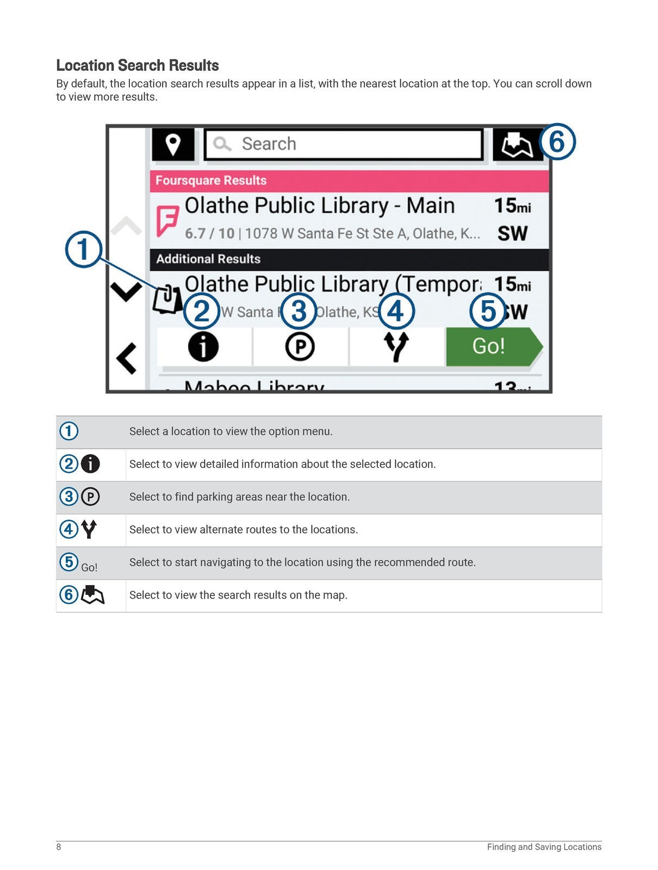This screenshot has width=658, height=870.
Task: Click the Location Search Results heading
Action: (137, 65)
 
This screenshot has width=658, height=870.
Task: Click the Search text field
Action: (344, 144)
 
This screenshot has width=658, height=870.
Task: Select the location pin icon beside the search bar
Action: (173, 145)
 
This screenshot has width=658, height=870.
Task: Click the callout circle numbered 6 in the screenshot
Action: (557, 142)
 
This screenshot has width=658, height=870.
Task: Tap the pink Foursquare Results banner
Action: (349, 181)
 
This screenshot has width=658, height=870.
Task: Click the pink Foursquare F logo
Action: (167, 220)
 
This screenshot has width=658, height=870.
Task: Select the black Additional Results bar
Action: (349, 259)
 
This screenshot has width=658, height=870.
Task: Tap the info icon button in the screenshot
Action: (203, 347)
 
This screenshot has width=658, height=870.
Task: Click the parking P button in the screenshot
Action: (300, 347)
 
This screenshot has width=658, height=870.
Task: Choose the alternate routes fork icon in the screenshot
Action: (396, 347)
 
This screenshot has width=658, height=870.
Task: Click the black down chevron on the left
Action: (126, 291)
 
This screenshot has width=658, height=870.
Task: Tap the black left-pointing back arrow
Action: (127, 359)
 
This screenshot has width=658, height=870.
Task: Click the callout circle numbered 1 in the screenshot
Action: (83, 250)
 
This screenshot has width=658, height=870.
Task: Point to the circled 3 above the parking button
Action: (299, 312)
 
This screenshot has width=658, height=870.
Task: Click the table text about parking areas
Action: (239, 497)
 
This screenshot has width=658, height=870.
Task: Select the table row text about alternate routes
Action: (243, 530)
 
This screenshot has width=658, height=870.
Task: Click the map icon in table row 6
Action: (92, 595)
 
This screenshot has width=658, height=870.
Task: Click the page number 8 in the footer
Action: (59, 847)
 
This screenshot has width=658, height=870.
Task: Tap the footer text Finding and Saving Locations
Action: (544, 847)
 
